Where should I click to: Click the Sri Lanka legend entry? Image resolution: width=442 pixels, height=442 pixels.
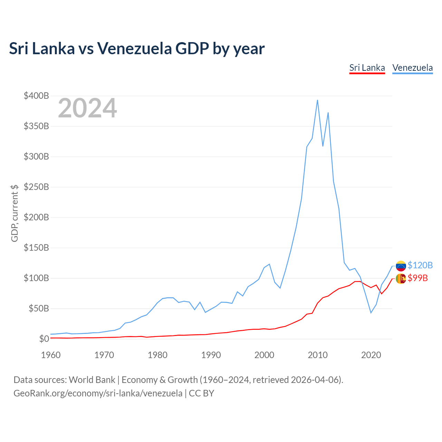pyautogui.click(x=367, y=68)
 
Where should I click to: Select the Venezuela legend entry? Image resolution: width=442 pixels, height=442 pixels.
pyautogui.click(x=412, y=68)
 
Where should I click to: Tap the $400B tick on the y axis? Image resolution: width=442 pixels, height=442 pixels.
pyautogui.click(x=36, y=96)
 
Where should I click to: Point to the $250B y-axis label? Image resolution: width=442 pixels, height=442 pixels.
pyautogui.click(x=36, y=187)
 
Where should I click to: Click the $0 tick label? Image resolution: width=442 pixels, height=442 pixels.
pyautogui.click(x=44, y=339)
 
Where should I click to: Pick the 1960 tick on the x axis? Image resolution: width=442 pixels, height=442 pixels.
pyautogui.click(x=51, y=355)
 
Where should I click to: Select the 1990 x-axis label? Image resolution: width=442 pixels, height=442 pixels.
pyautogui.click(x=211, y=355)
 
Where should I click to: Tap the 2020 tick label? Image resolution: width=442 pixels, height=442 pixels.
pyautogui.click(x=371, y=355)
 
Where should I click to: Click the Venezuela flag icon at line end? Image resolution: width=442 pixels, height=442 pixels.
pyautogui.click(x=401, y=266)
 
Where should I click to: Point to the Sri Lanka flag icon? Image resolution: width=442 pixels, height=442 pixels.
pyautogui.click(x=401, y=278)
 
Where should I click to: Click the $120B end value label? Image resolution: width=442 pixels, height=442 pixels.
pyautogui.click(x=420, y=265)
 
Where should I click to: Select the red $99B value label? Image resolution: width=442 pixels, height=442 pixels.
pyautogui.click(x=417, y=278)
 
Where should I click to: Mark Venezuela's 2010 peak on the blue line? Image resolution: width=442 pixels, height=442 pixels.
pyautogui.click(x=317, y=100)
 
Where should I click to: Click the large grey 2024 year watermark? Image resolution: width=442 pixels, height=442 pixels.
pyautogui.click(x=87, y=108)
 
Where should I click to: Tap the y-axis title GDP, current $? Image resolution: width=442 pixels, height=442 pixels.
pyautogui.click(x=15, y=213)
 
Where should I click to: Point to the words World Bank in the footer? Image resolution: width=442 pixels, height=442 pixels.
pyautogui.click(x=92, y=380)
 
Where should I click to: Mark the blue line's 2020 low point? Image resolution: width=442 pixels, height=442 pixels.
pyautogui.click(x=371, y=313)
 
